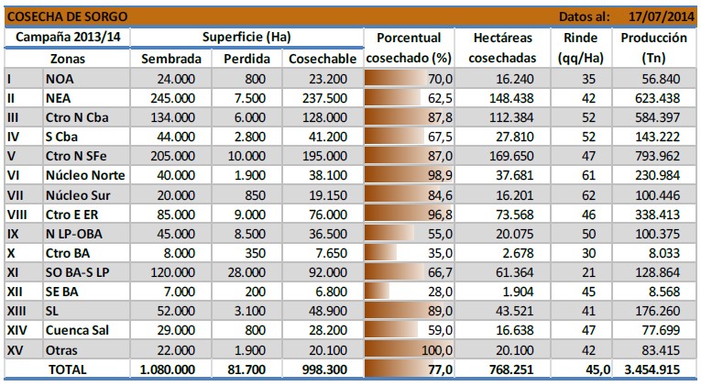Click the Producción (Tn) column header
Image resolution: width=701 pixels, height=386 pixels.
pyautogui.click(x=653, y=48)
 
